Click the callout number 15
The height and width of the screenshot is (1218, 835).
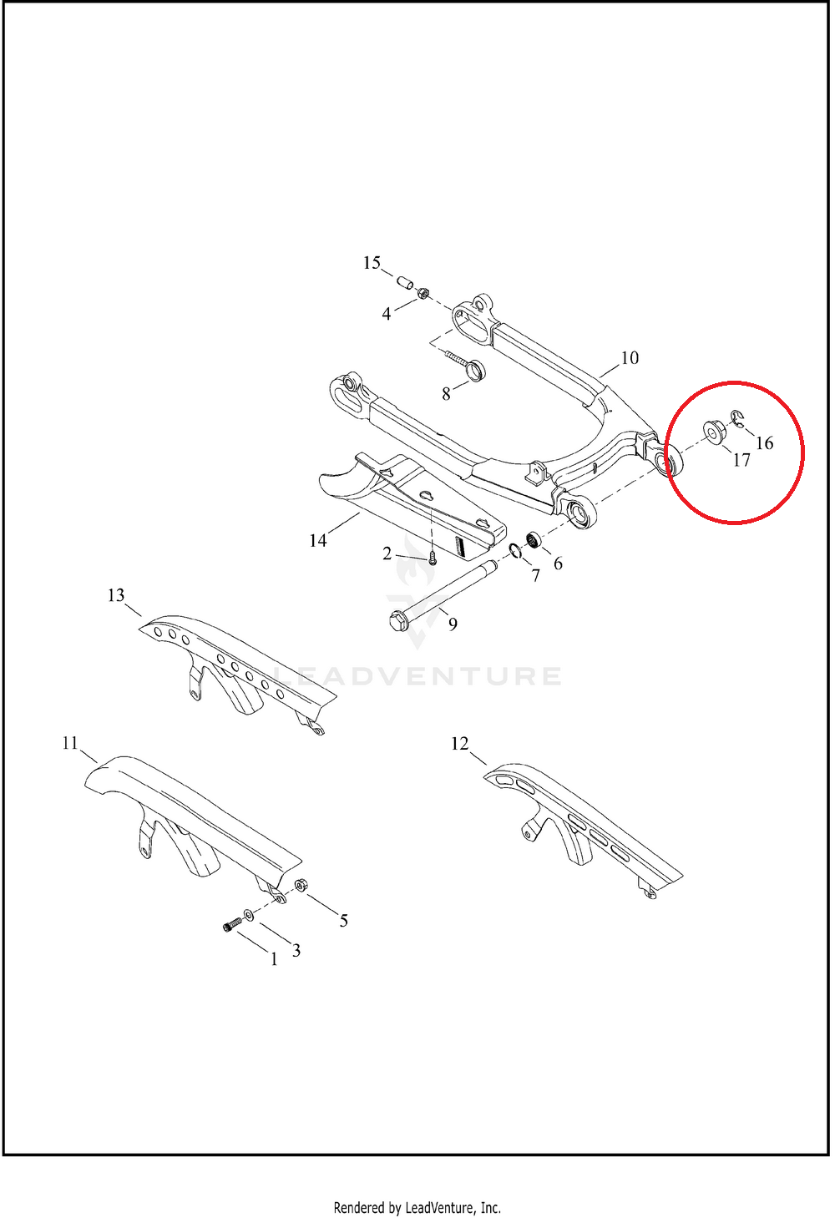[x=372, y=263]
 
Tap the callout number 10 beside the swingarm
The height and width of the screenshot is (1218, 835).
[x=630, y=358]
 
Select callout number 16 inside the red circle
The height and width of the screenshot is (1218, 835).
[x=765, y=443]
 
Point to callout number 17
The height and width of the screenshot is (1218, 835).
[x=741, y=461]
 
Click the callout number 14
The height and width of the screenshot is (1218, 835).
[x=318, y=540]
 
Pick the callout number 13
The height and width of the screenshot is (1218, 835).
[x=116, y=595]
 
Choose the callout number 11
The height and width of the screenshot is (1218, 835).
[x=71, y=743]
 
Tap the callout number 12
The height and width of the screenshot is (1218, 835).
[x=459, y=743]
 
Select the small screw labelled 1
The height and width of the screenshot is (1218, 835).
[x=232, y=924]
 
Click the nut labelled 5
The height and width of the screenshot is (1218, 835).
[x=301, y=885]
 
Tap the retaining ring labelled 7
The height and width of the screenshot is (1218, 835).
[x=515, y=551]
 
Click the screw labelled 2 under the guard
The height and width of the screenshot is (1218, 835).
[x=433, y=558]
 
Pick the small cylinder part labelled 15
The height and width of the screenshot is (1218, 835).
[x=405, y=283]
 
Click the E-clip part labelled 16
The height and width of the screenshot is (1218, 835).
[x=736, y=419]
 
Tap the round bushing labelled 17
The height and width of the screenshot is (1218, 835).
[x=712, y=432]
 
